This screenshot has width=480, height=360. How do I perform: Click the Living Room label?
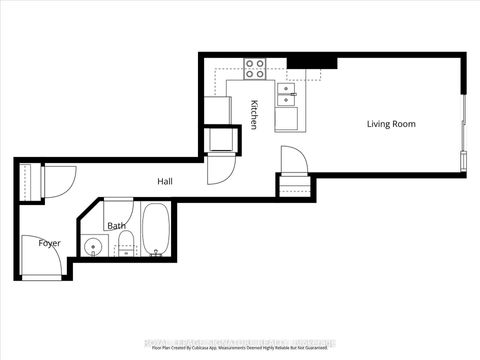coord(391,124)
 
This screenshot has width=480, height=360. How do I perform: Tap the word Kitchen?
coord(255,114)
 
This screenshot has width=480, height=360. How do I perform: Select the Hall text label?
coord(166,181)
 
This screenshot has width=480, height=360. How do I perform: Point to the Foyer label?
coord(50,243)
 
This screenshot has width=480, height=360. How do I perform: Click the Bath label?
coord(116,226)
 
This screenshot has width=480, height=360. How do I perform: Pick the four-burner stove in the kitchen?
coord(255,69)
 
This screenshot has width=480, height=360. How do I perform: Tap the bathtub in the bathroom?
coord(156,230)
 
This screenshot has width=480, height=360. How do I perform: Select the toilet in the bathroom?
coord(126,249)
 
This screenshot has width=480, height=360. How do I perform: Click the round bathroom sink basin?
coord(94,247)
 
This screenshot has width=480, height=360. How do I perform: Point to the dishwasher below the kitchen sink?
coord(290,118)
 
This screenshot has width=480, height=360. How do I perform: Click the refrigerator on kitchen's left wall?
coord(217,109)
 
